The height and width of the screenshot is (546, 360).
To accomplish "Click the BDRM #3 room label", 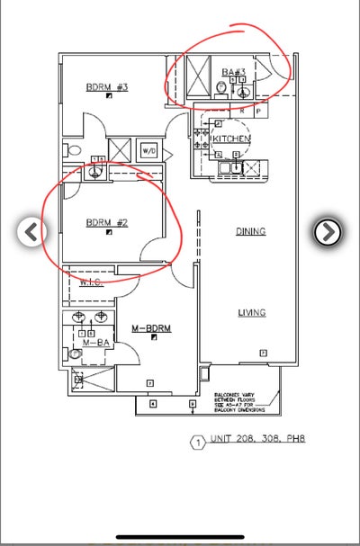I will click(x=107, y=87).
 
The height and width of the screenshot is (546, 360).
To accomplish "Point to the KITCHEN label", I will click(x=231, y=139).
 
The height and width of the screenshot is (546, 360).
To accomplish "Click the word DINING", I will click(x=251, y=231).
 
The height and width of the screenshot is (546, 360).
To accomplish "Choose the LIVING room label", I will click(x=251, y=313).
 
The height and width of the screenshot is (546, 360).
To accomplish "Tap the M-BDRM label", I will click(x=150, y=328).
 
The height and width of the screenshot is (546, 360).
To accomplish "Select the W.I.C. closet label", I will click(x=91, y=282).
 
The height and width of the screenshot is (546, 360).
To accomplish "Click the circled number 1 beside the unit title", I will click(x=197, y=443).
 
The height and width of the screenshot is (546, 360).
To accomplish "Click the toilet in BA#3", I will click(x=220, y=87).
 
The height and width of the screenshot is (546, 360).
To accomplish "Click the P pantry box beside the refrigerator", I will click(x=259, y=112).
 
